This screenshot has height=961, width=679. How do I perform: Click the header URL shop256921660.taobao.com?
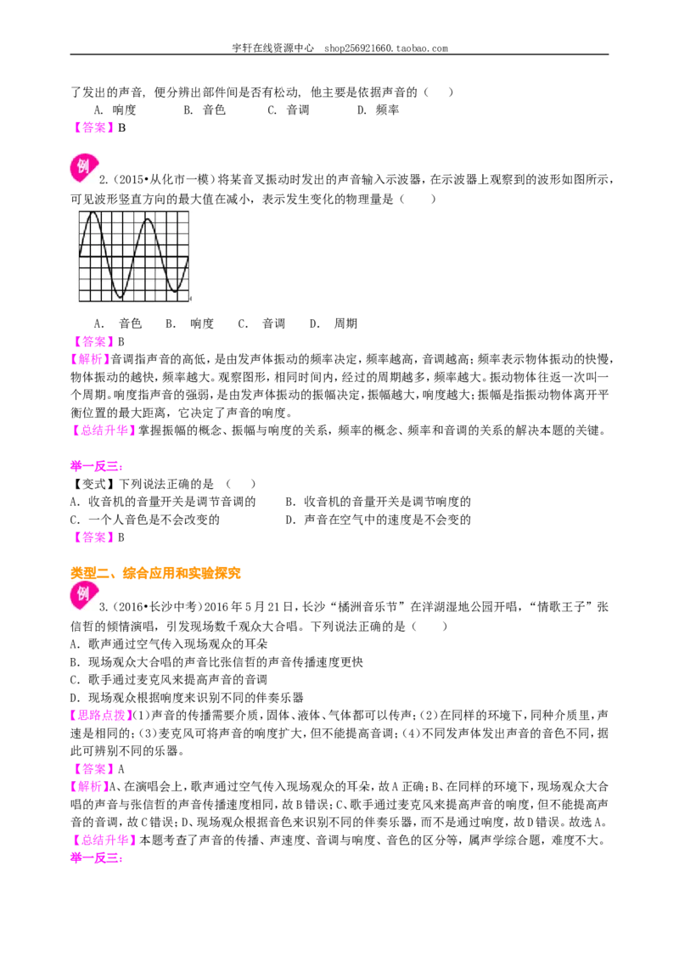coord(386,48)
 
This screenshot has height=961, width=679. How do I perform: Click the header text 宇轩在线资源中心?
coord(273,48)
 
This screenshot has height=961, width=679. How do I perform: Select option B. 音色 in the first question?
coord(205,110)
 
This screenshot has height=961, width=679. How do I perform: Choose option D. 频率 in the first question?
coord(378,110)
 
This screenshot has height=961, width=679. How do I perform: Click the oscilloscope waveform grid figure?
coord(134,256)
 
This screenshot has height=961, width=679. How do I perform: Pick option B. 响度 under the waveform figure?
coord(189,323)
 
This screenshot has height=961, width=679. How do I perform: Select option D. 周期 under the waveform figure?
coord(334,323)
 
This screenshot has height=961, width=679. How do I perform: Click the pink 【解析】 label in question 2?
coord(90,360)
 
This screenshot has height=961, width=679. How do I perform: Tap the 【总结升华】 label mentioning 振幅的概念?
coord(103,431)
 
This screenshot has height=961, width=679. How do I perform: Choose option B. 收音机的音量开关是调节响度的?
coord(378,502)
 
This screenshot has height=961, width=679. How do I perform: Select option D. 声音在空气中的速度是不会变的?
coord(378,520)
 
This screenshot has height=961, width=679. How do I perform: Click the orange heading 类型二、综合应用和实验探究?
coord(155,574)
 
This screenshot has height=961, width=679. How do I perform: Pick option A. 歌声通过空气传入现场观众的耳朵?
coord(169,644)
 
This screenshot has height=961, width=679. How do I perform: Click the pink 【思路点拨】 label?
coord(101,716)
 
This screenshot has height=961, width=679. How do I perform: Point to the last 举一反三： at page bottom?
coord(97,858)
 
